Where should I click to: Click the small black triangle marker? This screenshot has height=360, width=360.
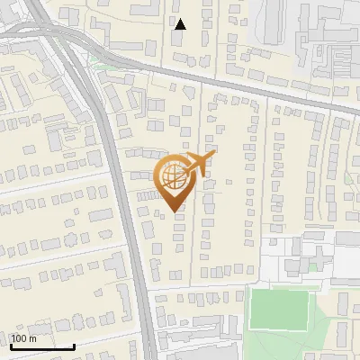tap(180, 24)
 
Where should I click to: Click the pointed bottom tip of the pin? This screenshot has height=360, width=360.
tap(174, 211)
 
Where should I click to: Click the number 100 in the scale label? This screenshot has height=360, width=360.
tap(19, 339)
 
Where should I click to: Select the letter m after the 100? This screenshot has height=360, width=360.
tap(32, 339)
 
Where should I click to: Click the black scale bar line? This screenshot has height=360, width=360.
tap(42, 346)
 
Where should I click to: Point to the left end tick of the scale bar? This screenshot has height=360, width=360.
tap(11, 345)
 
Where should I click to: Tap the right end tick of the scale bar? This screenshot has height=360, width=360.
tap(74, 345)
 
